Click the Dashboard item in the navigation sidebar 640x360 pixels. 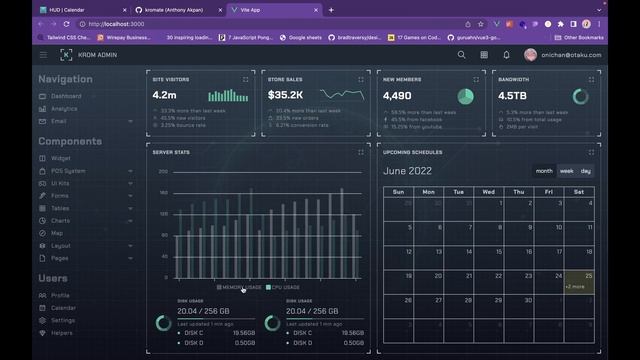click(66, 96)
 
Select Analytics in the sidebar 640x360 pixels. click(64, 108)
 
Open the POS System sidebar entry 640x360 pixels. click(68, 171)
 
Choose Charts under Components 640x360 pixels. click(61, 220)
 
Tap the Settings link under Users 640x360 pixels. click(64, 320)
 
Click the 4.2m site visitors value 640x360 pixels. click(164, 95)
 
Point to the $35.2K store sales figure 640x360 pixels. click(285, 95)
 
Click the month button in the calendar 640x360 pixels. click(544, 171)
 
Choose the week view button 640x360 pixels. click(566, 171)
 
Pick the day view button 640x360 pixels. click(586, 171)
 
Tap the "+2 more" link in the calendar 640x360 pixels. click(575, 287)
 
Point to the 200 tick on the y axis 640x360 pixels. click(163, 171)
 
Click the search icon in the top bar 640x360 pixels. click(461, 55)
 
